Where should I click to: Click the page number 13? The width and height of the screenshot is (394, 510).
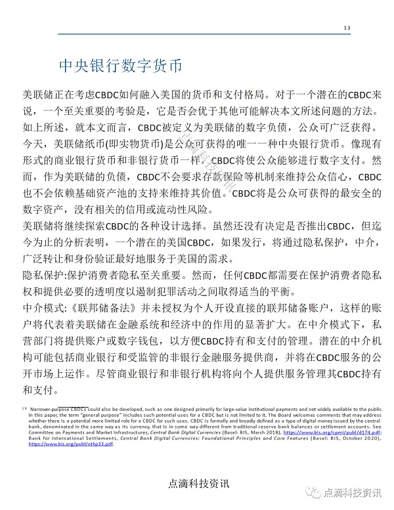pyautogui.click(x=347, y=27)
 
